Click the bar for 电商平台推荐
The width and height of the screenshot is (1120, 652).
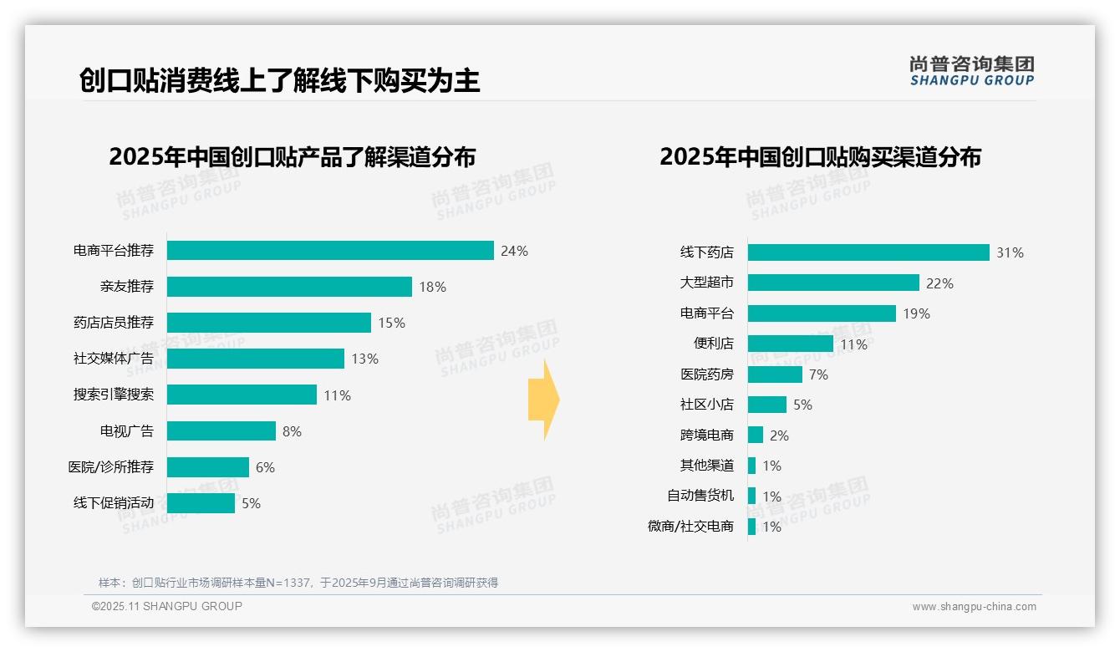point(330,251)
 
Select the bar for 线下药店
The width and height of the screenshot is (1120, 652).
point(868,252)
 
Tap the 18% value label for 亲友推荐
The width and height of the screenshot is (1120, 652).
point(432,287)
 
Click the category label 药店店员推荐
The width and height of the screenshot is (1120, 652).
point(114,323)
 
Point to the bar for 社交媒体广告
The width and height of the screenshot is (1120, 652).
point(256,359)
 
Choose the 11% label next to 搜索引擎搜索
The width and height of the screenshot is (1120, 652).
point(337,395)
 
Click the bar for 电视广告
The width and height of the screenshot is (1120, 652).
point(221,430)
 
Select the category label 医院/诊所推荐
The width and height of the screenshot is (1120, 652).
point(111,467)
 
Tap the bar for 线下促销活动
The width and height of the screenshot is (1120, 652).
point(201,503)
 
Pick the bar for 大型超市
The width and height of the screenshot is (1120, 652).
point(833,283)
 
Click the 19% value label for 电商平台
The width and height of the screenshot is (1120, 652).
point(916,313)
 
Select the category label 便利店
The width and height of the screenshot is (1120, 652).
point(714,344)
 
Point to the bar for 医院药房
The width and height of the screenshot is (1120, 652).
point(775,374)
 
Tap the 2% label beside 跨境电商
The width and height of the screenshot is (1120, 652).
point(779,436)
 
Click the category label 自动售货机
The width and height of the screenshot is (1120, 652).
point(700,496)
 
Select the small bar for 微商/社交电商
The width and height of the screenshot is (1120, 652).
point(751,527)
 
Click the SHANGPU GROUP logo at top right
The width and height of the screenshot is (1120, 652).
point(971,70)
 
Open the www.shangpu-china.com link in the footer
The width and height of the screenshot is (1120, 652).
point(974,607)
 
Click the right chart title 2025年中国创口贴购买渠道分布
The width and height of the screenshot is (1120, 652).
point(820,157)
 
